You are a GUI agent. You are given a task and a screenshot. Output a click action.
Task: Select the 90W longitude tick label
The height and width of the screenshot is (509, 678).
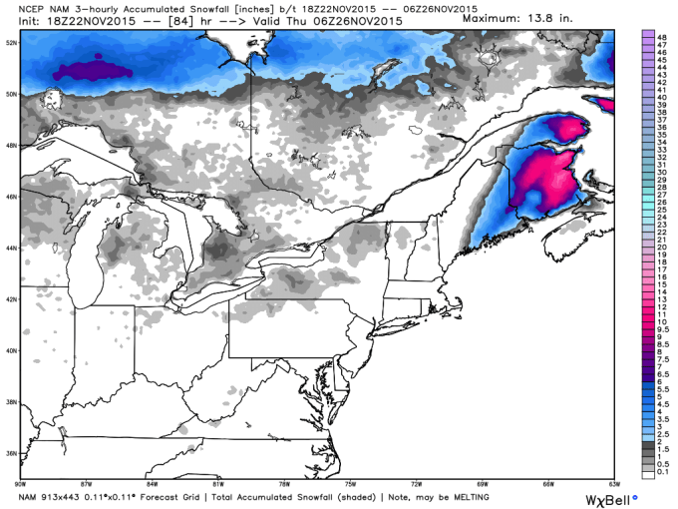pyautogui.click(x=20, y=483)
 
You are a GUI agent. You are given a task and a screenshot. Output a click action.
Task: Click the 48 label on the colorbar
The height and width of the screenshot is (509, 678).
pyautogui.click(x=661, y=34)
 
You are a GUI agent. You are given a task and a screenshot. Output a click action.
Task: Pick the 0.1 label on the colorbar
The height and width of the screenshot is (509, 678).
pyautogui.click(x=662, y=473)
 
